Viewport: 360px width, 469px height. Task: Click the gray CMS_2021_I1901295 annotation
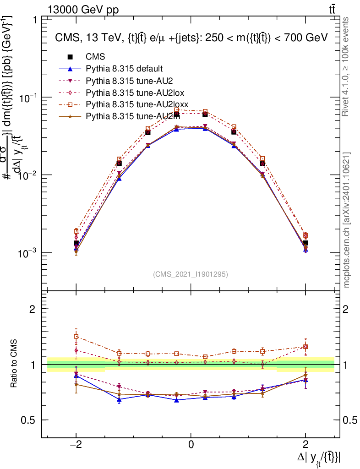click(190, 274)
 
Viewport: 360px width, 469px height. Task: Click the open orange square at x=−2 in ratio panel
click(76, 336)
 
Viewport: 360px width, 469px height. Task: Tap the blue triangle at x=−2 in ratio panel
click(76, 376)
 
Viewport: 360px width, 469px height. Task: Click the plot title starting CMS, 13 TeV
click(191, 38)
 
